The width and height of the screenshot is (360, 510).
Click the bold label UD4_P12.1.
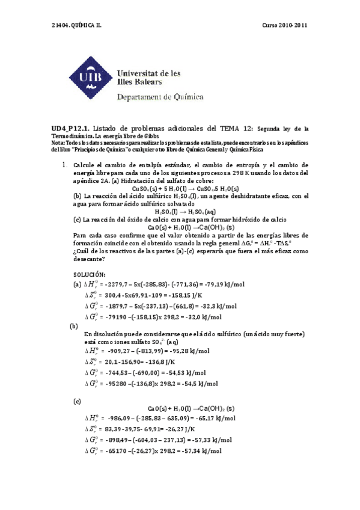click(70, 128)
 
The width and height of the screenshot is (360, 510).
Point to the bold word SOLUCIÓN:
click(91, 274)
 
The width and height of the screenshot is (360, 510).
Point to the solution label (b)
click(75, 325)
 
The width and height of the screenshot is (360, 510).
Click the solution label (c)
click(76, 400)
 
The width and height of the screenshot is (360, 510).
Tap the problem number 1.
click(64, 165)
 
